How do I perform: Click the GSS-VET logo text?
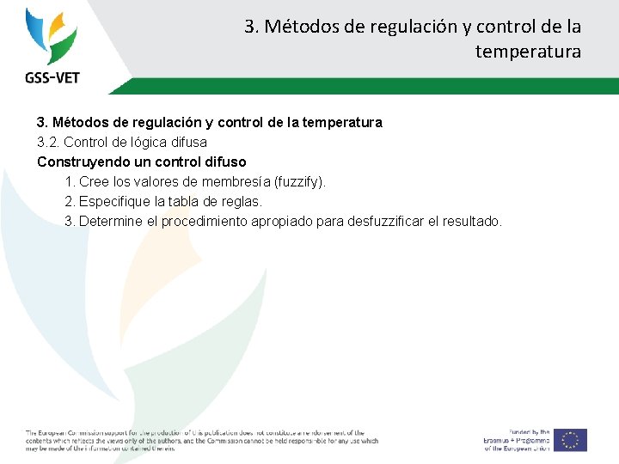click(52, 77)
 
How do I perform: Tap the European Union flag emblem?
click(570, 440)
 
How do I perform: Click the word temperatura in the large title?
click(528, 52)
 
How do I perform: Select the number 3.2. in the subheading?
click(48, 142)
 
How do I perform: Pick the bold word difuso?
click(224, 162)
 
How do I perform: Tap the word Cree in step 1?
click(93, 182)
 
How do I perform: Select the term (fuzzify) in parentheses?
click(299, 182)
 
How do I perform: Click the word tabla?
click(195, 202)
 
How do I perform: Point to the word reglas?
click(242, 202)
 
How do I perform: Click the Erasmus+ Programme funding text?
click(516, 440)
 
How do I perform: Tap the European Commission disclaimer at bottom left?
click(201, 440)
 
